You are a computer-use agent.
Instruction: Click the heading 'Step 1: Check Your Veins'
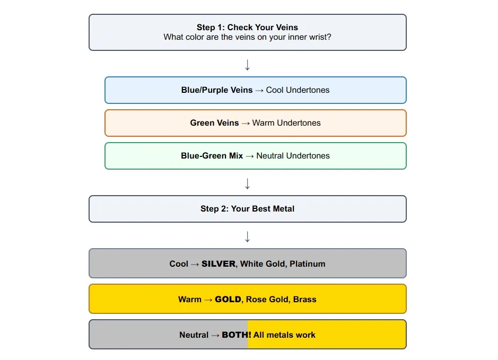[247, 28]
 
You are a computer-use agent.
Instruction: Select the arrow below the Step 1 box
[247, 65]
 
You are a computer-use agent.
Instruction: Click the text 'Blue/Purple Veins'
[217, 90]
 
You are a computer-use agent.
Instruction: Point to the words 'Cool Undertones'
[298, 90]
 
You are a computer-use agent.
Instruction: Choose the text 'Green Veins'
[214, 123]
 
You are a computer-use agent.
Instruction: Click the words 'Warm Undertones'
[286, 123]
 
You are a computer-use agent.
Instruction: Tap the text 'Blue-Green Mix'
[212, 156]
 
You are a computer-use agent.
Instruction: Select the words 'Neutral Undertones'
[293, 156]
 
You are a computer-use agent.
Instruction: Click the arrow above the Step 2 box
[247, 183]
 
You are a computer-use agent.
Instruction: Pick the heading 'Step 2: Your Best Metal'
[247, 209]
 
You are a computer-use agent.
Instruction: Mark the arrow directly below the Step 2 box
[247, 236]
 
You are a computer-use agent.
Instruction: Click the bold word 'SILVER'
[219, 264]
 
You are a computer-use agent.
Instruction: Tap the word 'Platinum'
[308, 264]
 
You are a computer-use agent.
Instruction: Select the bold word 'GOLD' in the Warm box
[228, 300]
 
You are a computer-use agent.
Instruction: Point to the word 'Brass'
[304, 300]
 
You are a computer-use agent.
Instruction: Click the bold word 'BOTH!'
[236, 335]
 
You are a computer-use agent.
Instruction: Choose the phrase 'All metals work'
[284, 335]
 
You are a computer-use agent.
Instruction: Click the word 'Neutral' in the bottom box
[194, 335]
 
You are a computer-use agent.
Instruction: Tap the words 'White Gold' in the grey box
[263, 264]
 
